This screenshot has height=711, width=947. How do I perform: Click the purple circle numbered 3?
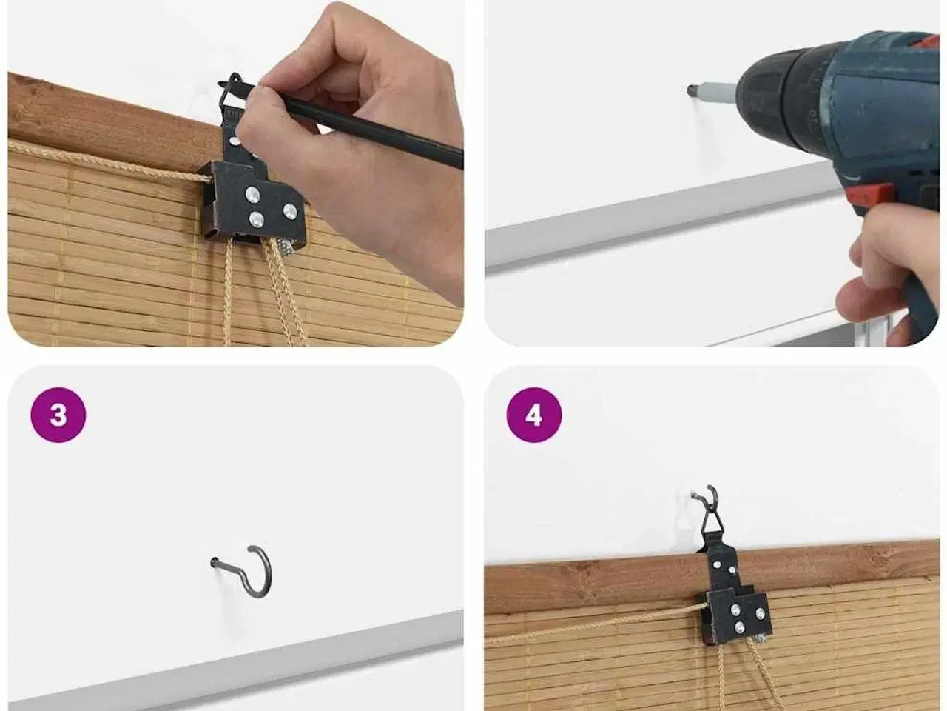coord(58,415)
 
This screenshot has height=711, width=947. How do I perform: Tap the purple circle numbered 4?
coord(534,415)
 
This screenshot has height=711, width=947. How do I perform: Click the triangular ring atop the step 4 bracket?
coord(710,522)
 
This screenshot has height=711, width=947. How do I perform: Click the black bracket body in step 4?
coord(733,604)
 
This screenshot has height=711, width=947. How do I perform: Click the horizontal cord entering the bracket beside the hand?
coord(108,161)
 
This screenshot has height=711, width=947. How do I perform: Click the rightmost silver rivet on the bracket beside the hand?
coord(290,210)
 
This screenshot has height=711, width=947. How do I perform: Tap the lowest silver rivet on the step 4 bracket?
coord(740,627)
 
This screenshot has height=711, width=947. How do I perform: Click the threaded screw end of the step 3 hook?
coord(215,562)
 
